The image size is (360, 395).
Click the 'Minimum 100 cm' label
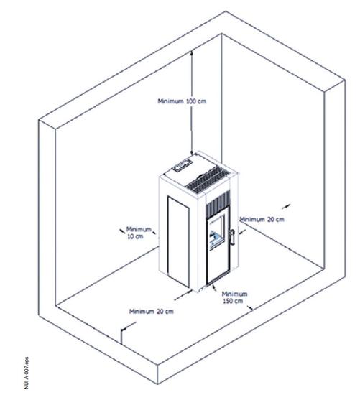pyautogui.click(x=182, y=101)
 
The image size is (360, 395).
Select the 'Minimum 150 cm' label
pyautogui.click(x=234, y=297)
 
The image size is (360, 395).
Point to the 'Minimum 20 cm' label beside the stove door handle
pyautogui.click(x=262, y=220)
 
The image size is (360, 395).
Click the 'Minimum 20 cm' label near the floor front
pyautogui.click(x=152, y=312)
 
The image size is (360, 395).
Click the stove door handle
pyautogui.click(x=232, y=237)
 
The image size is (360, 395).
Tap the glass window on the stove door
pyautogui.click(x=216, y=232)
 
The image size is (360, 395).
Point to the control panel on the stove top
pyautogui.click(x=182, y=164)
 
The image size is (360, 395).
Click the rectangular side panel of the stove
pyautogui.click(x=178, y=242)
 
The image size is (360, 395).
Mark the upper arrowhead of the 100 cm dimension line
pyautogui.click(x=191, y=52)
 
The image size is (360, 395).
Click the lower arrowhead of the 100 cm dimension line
pyautogui.click(x=192, y=152)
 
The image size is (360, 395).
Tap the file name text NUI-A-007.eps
pyautogui.click(x=27, y=373)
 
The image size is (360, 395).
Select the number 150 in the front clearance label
pyautogui.click(x=228, y=301)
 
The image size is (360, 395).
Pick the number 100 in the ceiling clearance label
pyautogui.click(x=191, y=101)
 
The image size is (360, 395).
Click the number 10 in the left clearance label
pyautogui.click(x=131, y=236)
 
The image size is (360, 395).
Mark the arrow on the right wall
pyautogui.click(x=286, y=206)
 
